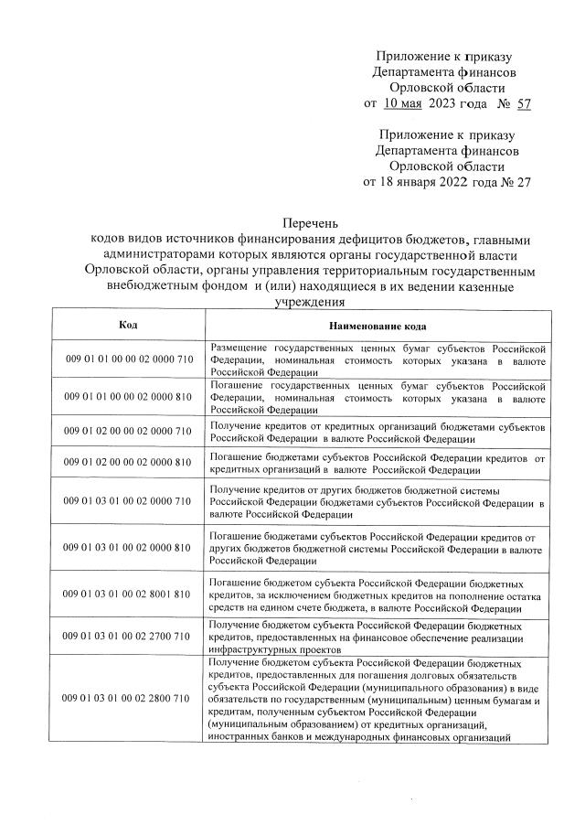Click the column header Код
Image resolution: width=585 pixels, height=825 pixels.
pyautogui.click(x=128, y=326)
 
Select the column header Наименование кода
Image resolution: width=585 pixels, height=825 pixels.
pyautogui.click(x=378, y=327)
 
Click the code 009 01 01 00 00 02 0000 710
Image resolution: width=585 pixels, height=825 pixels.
pyautogui.click(x=128, y=360)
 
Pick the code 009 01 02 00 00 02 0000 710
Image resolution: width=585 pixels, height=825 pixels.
pyautogui.click(x=128, y=431)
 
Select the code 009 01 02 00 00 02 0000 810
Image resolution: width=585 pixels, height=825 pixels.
pyautogui.click(x=128, y=462)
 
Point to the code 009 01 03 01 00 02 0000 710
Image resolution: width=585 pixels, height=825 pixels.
pyautogui.click(x=128, y=501)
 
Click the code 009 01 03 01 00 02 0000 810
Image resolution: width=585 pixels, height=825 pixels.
pyautogui.click(x=128, y=547)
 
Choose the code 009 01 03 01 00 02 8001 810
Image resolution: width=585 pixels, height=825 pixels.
pyautogui.click(x=128, y=593)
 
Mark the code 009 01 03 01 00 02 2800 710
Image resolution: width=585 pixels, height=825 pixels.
pyautogui.click(x=128, y=698)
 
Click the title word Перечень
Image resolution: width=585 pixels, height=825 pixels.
pyautogui.click(x=310, y=222)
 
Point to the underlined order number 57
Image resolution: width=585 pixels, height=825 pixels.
pyautogui.click(x=523, y=103)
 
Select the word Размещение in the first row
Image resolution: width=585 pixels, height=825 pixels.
pyautogui.click(x=239, y=349)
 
